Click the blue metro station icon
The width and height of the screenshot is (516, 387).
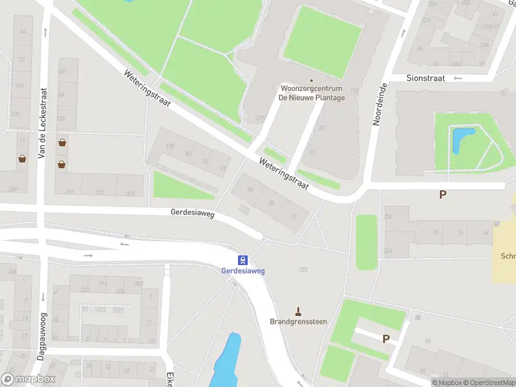click(x=243, y=261)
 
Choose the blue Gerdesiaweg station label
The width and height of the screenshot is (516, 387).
click(x=243, y=271)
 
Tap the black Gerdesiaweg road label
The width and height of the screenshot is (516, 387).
click(x=192, y=212)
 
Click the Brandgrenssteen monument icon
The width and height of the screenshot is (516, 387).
click(x=298, y=311)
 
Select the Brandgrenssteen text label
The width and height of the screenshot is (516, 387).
click(x=298, y=321)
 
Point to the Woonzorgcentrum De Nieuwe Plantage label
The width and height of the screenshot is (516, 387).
click(x=312, y=94)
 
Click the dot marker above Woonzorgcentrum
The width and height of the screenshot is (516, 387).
click(x=312, y=81)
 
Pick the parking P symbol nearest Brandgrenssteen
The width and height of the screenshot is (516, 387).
click(x=386, y=339)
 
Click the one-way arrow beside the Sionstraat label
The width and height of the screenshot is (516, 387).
click(x=458, y=78)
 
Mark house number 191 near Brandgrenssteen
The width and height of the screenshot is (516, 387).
click(x=303, y=270)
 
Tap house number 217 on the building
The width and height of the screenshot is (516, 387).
click(x=101, y=193)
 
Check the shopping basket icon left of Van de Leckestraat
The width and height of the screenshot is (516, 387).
click(x=22, y=158)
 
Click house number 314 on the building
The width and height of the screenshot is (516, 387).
click(x=102, y=283)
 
